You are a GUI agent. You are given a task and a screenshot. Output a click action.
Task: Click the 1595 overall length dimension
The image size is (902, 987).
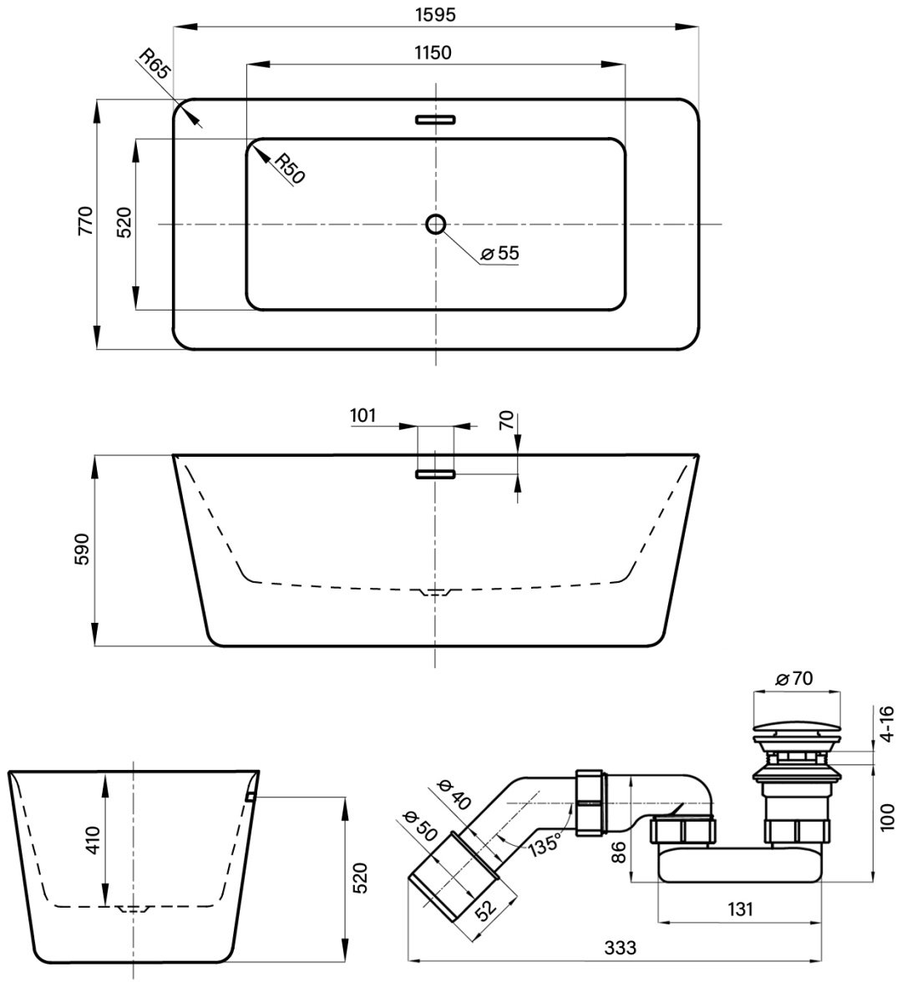pos(435,14)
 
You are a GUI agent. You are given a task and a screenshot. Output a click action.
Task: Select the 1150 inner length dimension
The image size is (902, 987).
pos(433,53)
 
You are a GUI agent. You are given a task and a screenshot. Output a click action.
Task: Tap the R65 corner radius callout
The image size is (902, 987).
pos(155,63)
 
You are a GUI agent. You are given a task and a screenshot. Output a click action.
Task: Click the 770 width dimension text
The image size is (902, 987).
pos(85,220)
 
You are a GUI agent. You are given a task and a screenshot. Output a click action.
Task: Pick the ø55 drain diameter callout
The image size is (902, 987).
pos(499,253)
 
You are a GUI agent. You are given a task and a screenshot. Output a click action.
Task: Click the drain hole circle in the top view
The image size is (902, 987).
pos(435,224)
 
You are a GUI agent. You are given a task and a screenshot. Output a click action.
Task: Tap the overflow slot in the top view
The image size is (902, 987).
pos(435,119)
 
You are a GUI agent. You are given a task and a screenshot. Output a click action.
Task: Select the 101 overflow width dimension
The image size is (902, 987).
pos(362,416)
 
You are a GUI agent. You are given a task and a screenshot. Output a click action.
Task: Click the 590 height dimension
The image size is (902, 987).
pos(83,549)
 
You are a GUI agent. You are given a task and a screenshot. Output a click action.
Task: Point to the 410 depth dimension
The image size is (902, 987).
pos(93,840)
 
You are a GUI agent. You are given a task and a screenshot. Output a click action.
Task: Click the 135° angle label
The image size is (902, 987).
pos(545,843)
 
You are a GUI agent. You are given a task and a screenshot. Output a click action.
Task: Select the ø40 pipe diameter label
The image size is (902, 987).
pos(454,794)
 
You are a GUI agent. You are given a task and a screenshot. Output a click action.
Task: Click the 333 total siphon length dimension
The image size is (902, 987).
pos(621,948)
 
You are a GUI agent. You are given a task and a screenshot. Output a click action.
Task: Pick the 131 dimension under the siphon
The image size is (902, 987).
pos(740,909)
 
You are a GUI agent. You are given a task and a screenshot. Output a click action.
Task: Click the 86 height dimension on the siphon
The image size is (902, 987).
pos(620,853)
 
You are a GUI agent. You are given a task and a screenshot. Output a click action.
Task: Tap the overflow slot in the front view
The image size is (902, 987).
pos(435,474)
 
